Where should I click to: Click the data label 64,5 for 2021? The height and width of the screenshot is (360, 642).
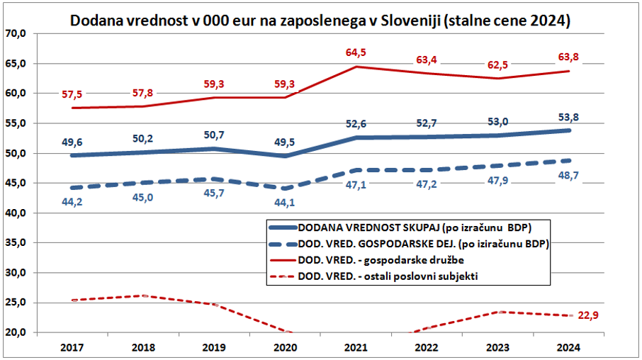click(355, 52)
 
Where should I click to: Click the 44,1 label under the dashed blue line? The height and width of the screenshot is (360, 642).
click(287, 202)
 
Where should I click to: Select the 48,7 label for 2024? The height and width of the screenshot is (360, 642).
click(570, 193)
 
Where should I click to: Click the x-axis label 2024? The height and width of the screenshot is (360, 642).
click(569, 347)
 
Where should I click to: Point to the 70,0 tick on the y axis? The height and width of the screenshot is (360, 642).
click(15, 33)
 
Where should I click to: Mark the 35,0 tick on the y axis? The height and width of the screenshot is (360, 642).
click(15, 242)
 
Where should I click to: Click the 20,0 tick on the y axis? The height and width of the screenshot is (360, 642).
click(15, 332)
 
